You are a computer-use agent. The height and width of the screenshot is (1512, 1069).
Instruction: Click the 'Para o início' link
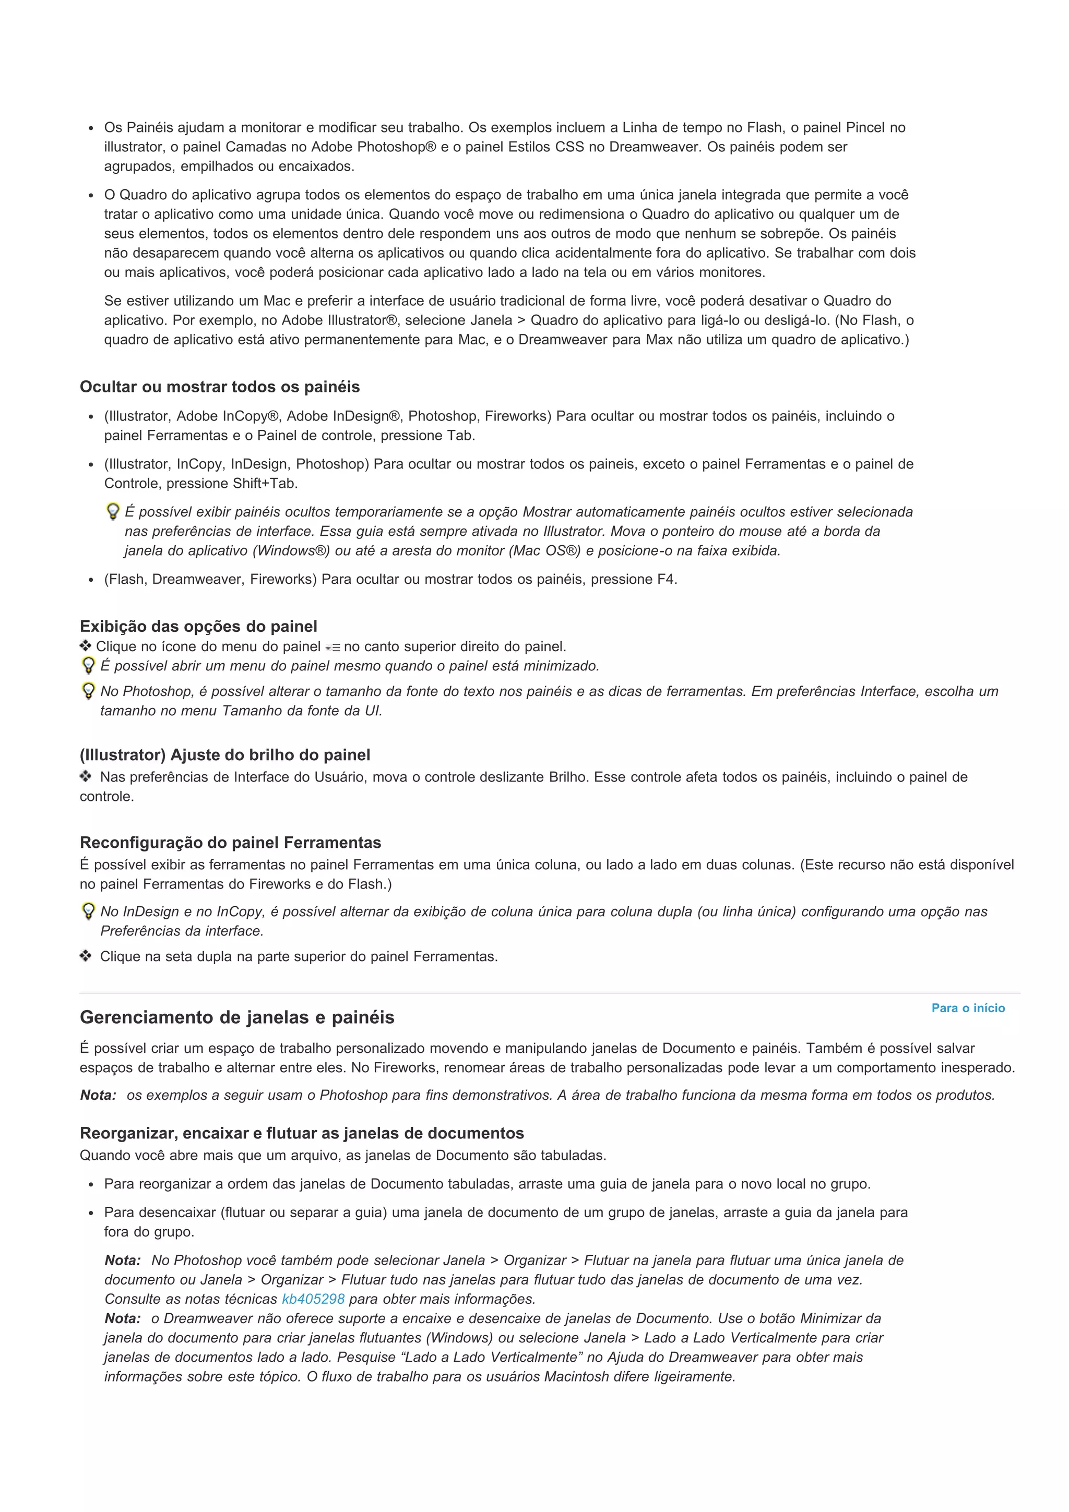tap(968, 1008)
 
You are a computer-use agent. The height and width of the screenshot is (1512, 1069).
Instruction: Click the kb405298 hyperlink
tap(313, 1299)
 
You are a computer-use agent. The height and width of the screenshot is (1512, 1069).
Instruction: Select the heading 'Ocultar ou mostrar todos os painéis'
tap(219, 387)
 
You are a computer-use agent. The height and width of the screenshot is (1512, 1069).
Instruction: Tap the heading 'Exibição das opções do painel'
tap(198, 626)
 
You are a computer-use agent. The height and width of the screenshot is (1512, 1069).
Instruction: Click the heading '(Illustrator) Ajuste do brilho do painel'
tap(224, 754)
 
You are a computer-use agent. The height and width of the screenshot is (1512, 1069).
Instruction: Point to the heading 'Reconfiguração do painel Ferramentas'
tap(230, 842)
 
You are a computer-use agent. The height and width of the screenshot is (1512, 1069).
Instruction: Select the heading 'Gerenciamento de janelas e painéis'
tap(236, 1017)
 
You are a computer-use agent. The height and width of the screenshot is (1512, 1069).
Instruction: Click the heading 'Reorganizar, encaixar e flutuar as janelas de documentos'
tap(302, 1133)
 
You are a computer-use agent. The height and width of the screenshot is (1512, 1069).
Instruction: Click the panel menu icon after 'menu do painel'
tap(332, 647)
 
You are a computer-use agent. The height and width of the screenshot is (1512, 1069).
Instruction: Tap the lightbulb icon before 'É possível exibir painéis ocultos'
tap(113, 512)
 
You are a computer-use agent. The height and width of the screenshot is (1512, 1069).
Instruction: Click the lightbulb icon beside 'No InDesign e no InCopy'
tap(88, 911)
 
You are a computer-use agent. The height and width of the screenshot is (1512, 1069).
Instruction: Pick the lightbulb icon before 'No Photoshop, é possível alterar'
tap(88, 691)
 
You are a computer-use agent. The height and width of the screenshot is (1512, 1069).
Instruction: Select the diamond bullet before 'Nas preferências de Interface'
tap(86, 776)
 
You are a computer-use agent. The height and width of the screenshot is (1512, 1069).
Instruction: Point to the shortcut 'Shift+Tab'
tap(264, 483)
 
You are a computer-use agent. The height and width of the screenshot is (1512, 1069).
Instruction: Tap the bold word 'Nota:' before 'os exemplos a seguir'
tap(98, 1095)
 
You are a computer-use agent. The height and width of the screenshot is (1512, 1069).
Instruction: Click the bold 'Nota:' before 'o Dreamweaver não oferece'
tap(123, 1318)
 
